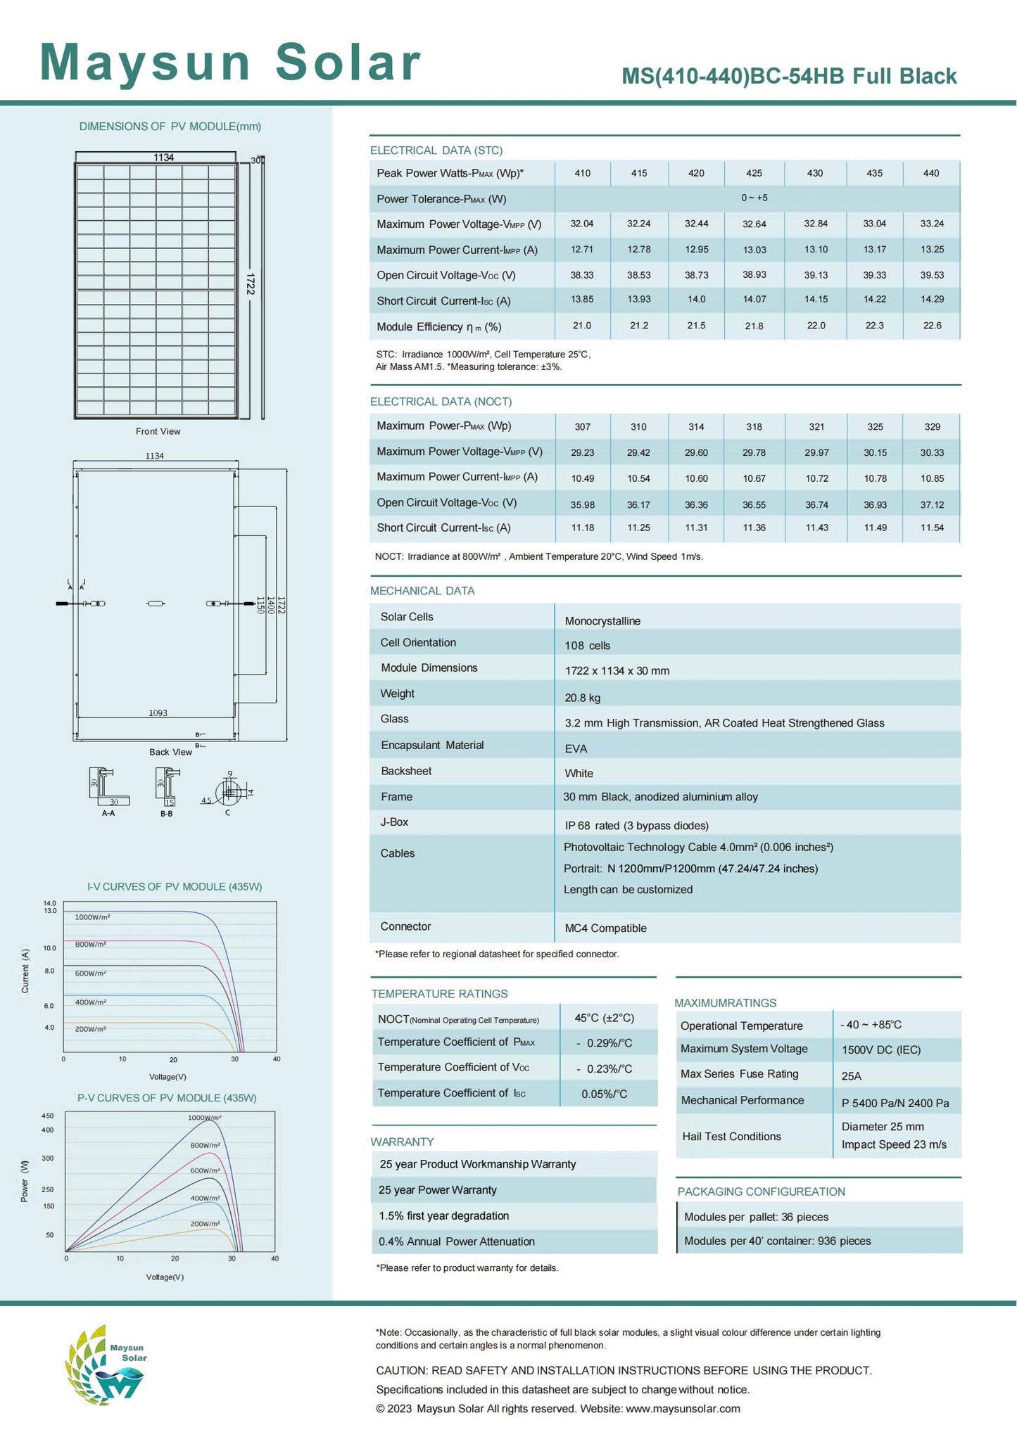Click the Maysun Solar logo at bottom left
(106, 1365)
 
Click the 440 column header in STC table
(930, 173)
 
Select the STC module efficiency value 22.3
(874, 326)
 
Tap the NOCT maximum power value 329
(932, 427)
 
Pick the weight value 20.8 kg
(582, 698)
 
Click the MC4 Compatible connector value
(605, 928)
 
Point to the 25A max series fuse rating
(851, 1076)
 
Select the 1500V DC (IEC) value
(880, 1050)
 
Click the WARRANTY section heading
(402, 1142)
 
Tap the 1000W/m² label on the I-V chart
(92, 917)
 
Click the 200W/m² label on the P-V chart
(205, 1224)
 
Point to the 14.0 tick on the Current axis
(49, 903)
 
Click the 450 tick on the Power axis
(47, 1116)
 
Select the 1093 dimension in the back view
(158, 713)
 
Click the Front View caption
(158, 431)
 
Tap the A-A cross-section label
(108, 813)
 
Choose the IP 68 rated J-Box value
(636, 826)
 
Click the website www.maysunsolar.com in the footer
(683, 1409)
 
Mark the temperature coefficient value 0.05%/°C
(604, 1094)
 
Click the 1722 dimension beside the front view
(251, 283)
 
